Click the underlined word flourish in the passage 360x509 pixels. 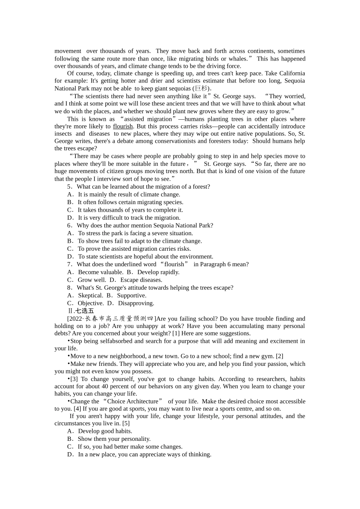tap(123, 126)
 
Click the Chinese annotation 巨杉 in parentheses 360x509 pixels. tap(202, 89)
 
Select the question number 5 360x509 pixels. tap(69, 187)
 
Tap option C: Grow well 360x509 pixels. tap(87, 280)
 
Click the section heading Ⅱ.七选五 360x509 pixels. tap(80, 311)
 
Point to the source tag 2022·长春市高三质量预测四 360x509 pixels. tap(111, 319)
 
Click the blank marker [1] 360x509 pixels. tap(176, 333)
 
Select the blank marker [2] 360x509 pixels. tap(279, 356)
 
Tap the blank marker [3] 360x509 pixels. tap(74, 379)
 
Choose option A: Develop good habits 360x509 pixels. tap(100, 431)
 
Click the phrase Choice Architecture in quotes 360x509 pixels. tap(133, 401)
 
